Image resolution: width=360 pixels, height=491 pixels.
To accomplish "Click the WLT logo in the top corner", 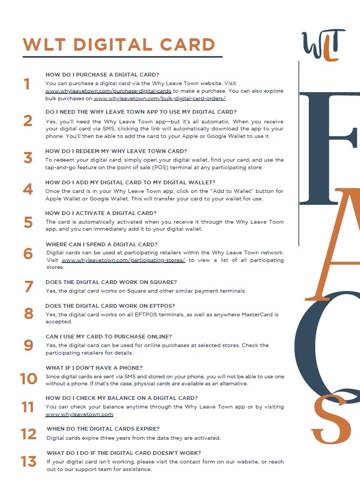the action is [323, 45].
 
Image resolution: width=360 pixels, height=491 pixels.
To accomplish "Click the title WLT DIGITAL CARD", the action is [119, 45].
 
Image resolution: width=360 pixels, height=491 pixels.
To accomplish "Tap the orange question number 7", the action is [29, 287].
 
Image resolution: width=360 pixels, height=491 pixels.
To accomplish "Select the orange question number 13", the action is [29, 461].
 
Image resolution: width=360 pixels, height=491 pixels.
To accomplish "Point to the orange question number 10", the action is [29, 378].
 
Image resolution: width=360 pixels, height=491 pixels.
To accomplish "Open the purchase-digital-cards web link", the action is [108, 91].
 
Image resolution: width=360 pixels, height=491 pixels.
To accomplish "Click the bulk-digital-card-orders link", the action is [160, 98].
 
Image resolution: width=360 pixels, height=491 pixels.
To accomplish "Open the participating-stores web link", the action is [123, 260].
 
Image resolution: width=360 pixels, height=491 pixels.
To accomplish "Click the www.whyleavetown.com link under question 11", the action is [79, 414].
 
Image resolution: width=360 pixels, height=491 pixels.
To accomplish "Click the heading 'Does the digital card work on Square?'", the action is [111, 282].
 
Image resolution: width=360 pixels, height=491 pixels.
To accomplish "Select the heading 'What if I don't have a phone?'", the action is [94, 368].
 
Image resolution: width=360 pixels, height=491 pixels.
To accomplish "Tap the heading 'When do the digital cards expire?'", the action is [103, 428].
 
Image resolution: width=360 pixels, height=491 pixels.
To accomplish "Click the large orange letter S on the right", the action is [331, 419].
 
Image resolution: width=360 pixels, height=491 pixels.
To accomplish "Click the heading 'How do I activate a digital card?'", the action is [101, 213].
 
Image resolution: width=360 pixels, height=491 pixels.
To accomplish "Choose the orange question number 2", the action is [28, 121].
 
